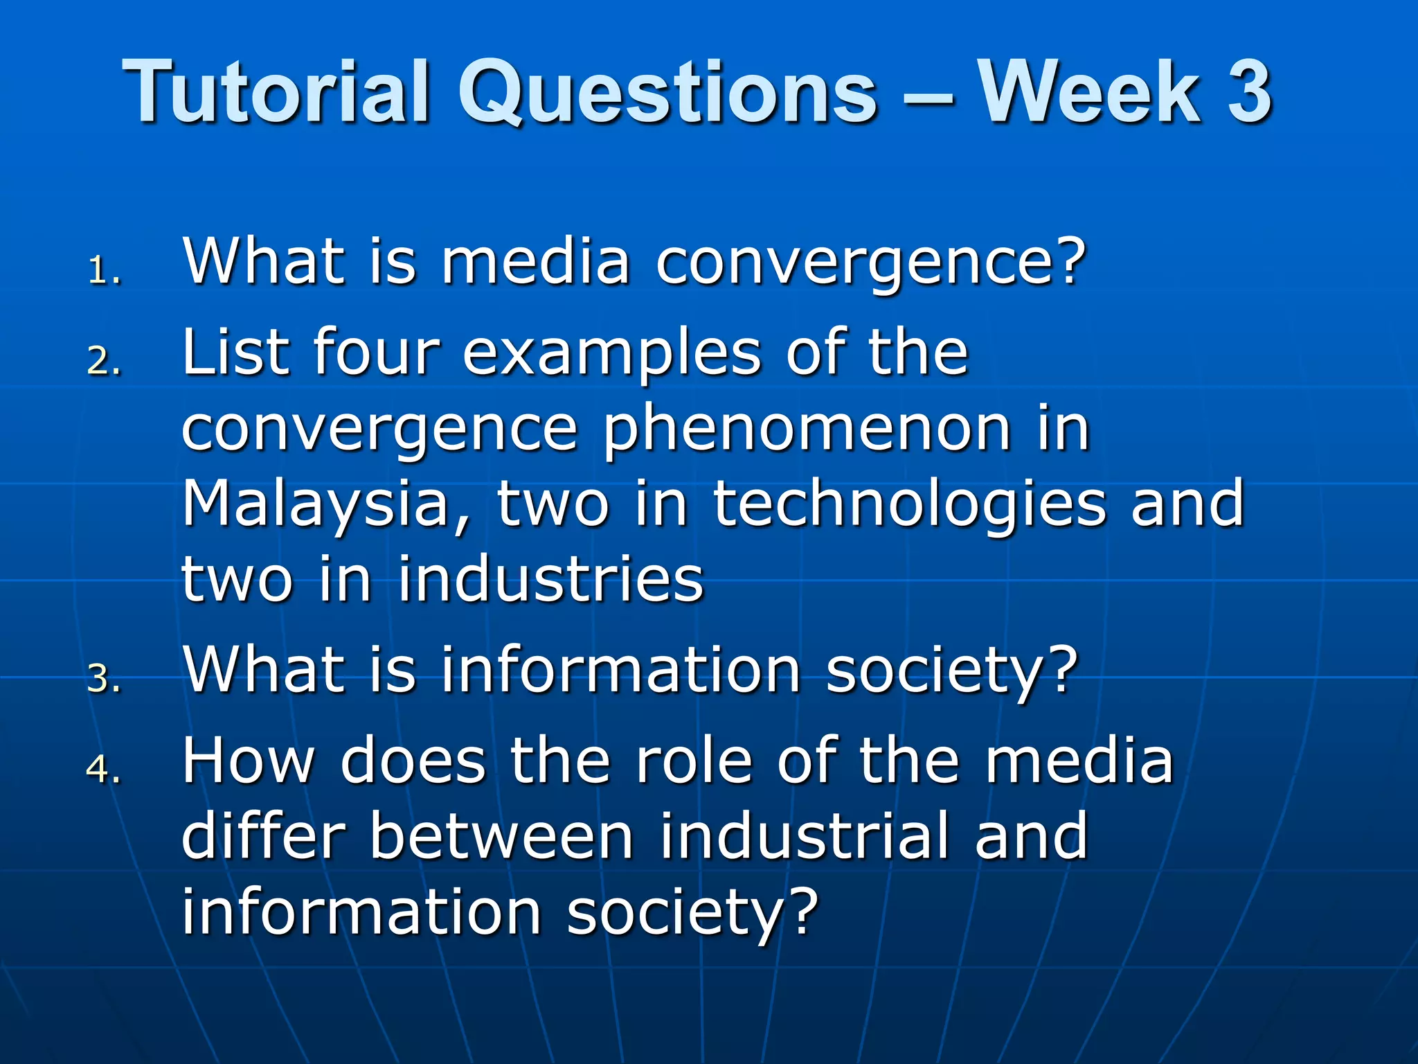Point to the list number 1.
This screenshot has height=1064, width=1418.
pyautogui.click(x=104, y=271)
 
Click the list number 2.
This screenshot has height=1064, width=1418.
pyautogui.click(x=104, y=361)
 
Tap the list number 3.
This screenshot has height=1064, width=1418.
pyautogui.click(x=104, y=678)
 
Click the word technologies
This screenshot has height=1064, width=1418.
pyautogui.click(x=908, y=504)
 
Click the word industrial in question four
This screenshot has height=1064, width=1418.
pyautogui.click(x=803, y=836)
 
